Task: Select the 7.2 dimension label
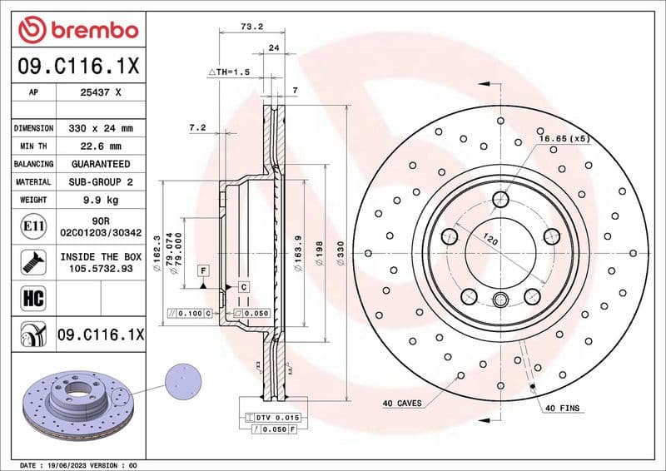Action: coord(197,127)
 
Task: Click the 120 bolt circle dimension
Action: coord(492,241)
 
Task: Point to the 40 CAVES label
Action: coord(402,404)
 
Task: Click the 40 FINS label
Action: coord(563,409)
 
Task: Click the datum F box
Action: coord(202,270)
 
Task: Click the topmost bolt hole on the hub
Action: coord(499,199)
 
